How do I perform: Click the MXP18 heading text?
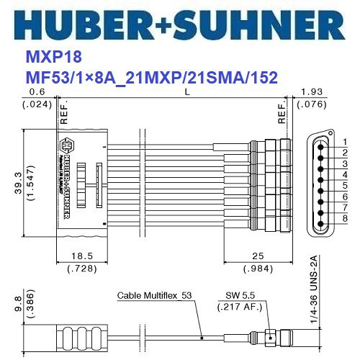(48, 57)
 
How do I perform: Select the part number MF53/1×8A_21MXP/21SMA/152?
(151, 76)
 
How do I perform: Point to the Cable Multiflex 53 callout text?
(154, 296)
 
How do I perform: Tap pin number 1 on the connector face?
(345, 142)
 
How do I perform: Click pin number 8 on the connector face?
(345, 218)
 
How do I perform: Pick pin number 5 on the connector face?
(345, 185)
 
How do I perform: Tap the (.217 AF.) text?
(240, 307)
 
